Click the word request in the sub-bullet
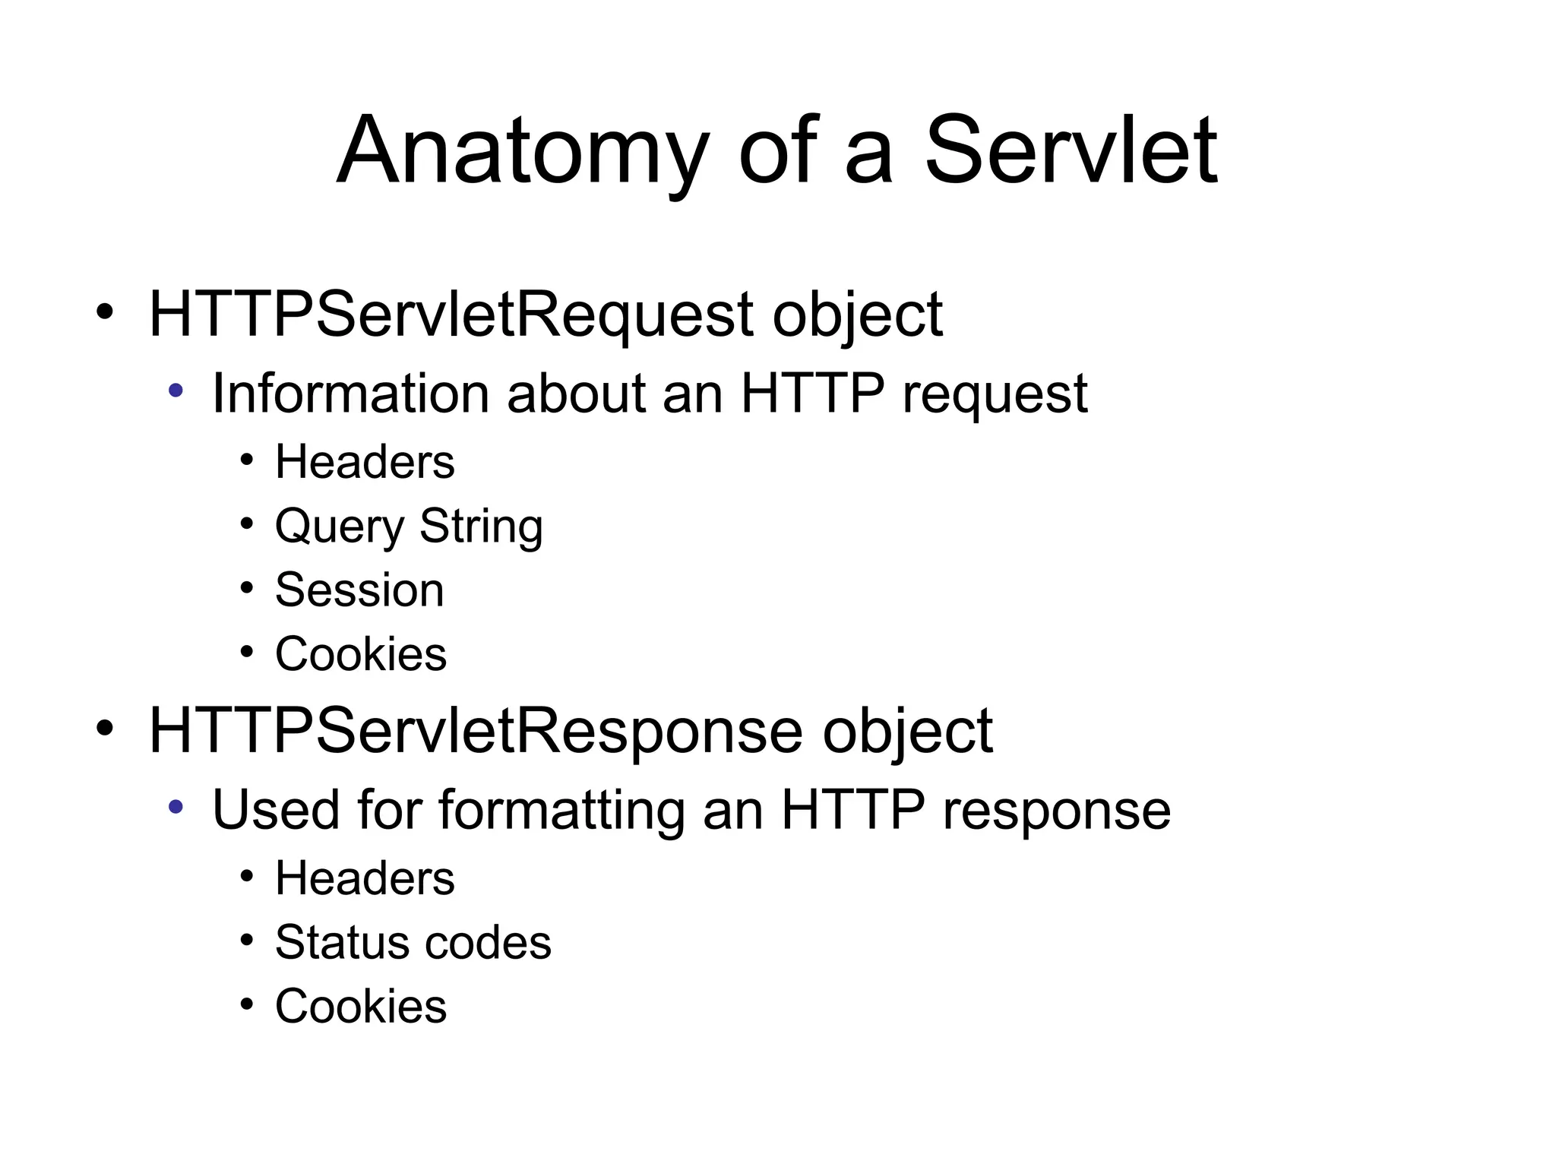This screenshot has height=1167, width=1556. point(995,395)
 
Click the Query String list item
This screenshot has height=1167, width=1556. point(409,526)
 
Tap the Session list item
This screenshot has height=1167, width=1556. point(359,590)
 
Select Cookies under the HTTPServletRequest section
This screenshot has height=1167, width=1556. point(361,653)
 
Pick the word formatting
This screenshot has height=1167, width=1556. point(562,810)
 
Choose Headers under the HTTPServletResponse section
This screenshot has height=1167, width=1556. point(365,878)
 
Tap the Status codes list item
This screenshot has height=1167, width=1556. point(413,942)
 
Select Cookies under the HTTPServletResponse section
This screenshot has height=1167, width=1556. point(361,1006)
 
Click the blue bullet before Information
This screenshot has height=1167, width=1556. point(176,391)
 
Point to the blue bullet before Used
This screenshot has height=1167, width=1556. point(176,807)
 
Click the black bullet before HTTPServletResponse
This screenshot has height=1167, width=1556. point(105,728)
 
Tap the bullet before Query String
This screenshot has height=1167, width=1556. point(246,523)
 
